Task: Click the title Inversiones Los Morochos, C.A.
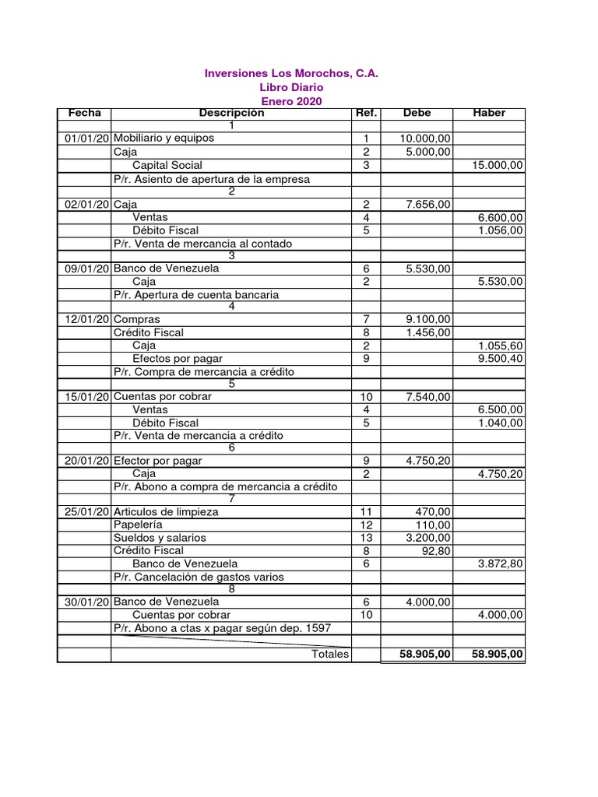click(291, 74)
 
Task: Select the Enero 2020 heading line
click(291, 102)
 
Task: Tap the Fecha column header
click(84, 114)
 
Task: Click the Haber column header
click(489, 114)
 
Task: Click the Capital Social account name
click(167, 165)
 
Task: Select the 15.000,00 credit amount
click(498, 165)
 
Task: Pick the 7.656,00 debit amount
click(427, 204)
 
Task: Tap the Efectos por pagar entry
click(178, 359)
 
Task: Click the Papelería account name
click(139, 525)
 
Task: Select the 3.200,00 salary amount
click(427, 538)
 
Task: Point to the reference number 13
click(366, 538)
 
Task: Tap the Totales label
click(329, 654)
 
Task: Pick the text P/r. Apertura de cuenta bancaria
click(196, 295)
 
